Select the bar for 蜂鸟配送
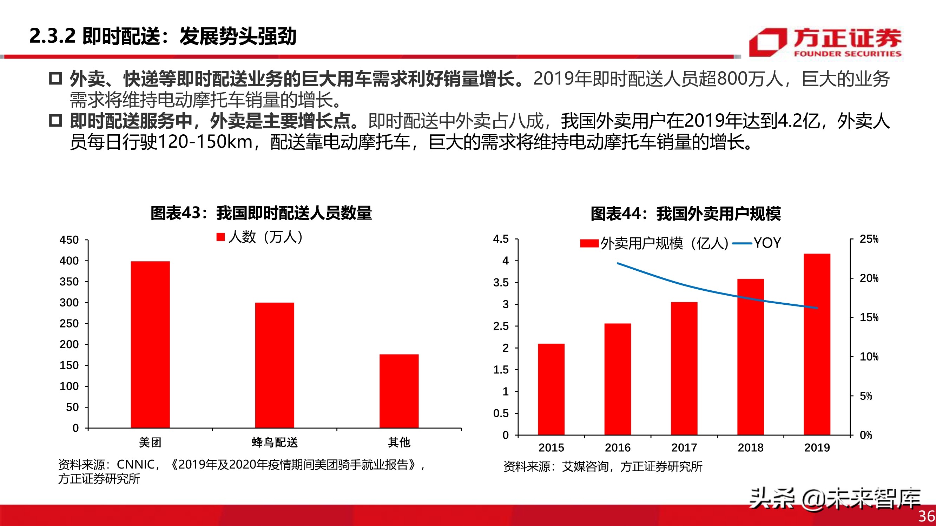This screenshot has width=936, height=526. click(274, 365)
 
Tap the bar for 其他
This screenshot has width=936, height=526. click(399, 391)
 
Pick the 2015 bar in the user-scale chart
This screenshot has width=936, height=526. click(551, 389)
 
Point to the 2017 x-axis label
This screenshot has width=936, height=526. click(684, 447)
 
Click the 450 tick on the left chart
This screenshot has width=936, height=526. click(69, 240)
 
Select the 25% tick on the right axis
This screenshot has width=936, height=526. click(869, 239)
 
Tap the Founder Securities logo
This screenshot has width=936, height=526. click(825, 42)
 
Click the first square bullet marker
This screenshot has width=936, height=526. click(55, 79)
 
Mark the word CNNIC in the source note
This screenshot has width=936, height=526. click(136, 464)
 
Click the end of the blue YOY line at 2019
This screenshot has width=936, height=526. click(817, 308)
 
